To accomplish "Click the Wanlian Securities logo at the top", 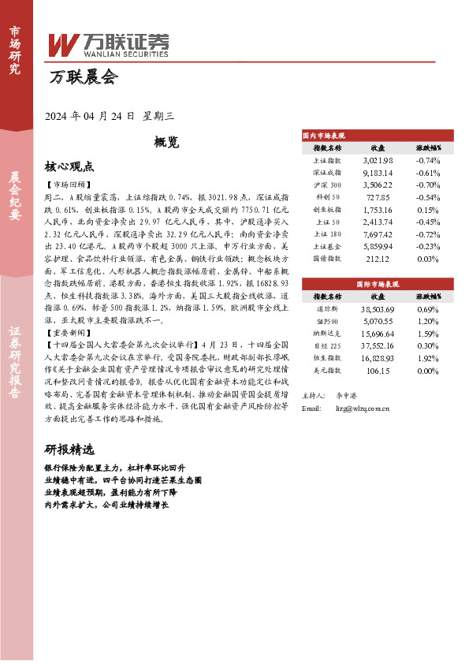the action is click(107, 44).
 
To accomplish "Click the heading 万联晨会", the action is click(82, 78).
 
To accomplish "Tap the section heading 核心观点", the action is click(69, 167).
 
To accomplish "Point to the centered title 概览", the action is click(167, 143).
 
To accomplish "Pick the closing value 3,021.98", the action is click(378, 160).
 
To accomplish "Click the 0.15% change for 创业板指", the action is click(428, 210).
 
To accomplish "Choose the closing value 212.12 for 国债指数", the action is click(378, 258).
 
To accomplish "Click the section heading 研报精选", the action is click(69, 450).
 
